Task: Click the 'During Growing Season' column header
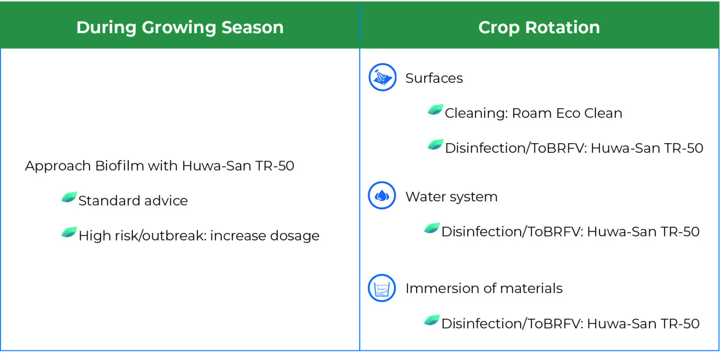click(x=180, y=27)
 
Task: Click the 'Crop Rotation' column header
click(x=539, y=27)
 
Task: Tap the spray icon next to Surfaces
click(x=383, y=77)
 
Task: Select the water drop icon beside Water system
click(x=382, y=195)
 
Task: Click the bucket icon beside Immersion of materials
click(x=382, y=288)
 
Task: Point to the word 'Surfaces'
click(x=434, y=78)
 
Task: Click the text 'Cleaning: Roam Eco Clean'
click(x=533, y=113)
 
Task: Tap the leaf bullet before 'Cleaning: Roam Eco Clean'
click(x=436, y=110)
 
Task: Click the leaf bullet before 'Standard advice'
click(x=69, y=197)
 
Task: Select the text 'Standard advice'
click(x=133, y=201)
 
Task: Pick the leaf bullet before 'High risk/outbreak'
click(x=69, y=232)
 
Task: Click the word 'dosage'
click(x=294, y=236)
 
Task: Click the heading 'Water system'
click(x=451, y=197)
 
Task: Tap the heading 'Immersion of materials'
click(x=484, y=288)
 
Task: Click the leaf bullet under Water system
click(x=432, y=228)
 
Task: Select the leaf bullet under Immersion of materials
click(x=432, y=320)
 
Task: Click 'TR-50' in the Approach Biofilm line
click(x=274, y=166)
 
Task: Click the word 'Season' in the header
click(x=252, y=27)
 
